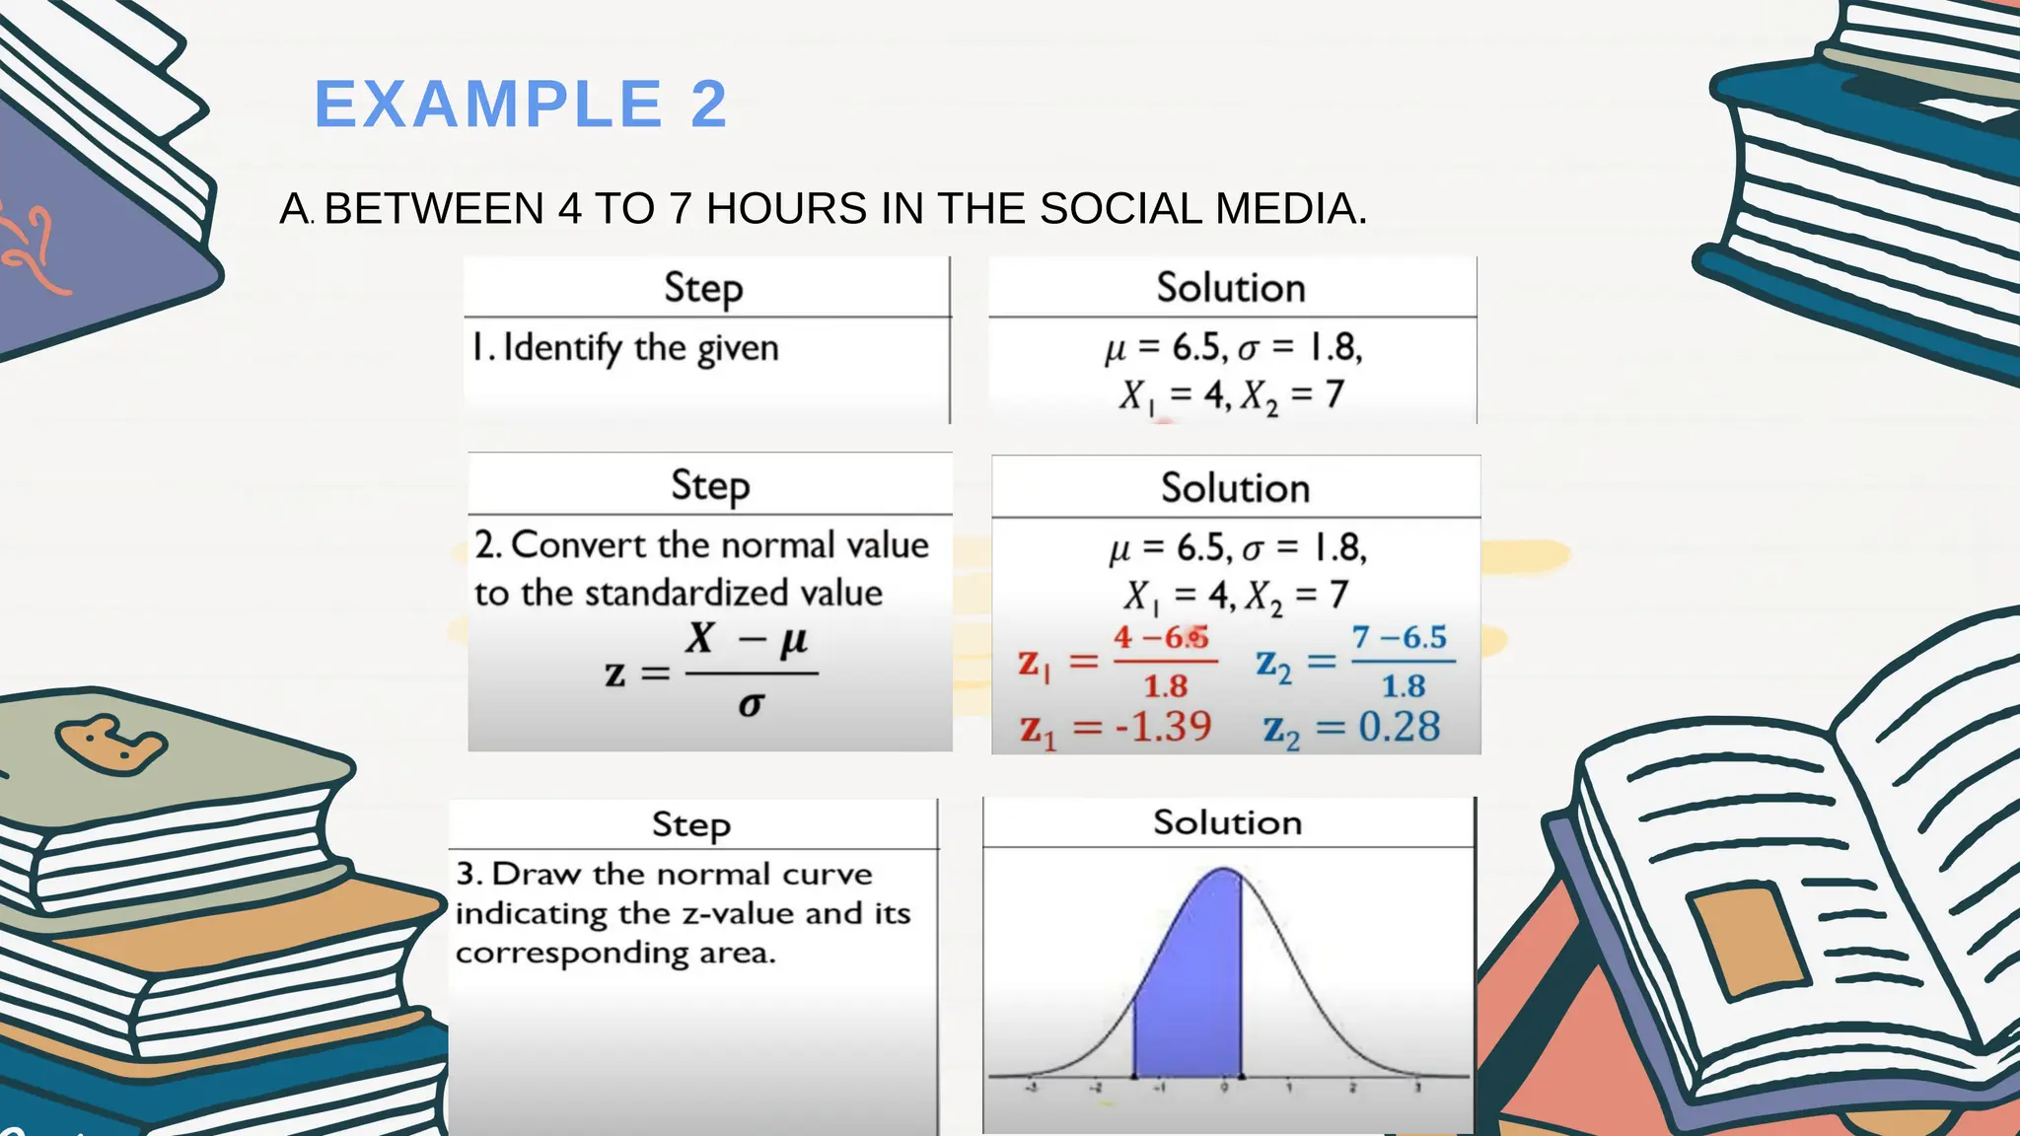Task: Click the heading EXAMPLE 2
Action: [521, 105]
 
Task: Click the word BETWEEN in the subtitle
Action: [434, 209]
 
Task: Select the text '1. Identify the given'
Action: [625, 348]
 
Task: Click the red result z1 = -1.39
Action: [1116, 728]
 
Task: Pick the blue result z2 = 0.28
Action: [1351, 729]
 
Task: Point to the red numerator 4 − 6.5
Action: [1161, 637]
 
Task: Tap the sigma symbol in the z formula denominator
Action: [751, 704]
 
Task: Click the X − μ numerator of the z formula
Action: [748, 639]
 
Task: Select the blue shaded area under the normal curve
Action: [1189, 986]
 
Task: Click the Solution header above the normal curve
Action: [1227, 822]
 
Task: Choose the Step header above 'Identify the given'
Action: [703, 288]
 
